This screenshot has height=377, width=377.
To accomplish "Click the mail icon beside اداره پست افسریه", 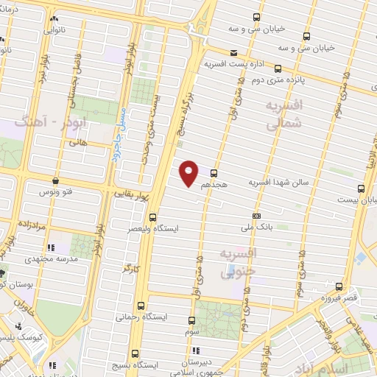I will [233, 53].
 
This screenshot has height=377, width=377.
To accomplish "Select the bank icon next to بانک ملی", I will [256, 216].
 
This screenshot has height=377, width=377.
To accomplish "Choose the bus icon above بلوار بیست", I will [360, 188].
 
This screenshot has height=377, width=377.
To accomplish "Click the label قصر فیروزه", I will [338, 297].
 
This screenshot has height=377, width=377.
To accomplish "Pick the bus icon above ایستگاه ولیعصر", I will [152, 217].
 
